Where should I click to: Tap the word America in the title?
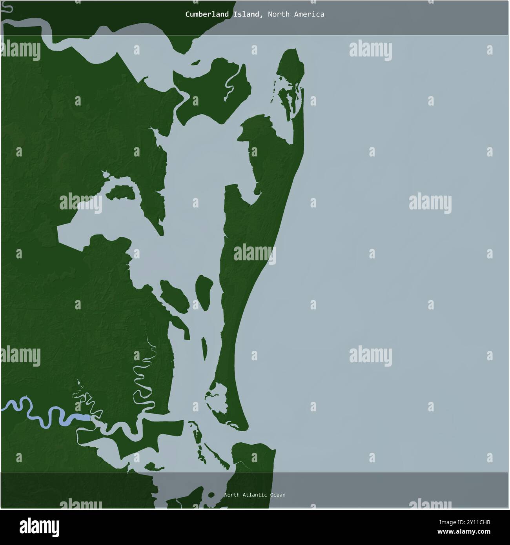(309, 15)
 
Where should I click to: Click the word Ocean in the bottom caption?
(277, 495)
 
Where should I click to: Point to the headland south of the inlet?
(255, 455)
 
